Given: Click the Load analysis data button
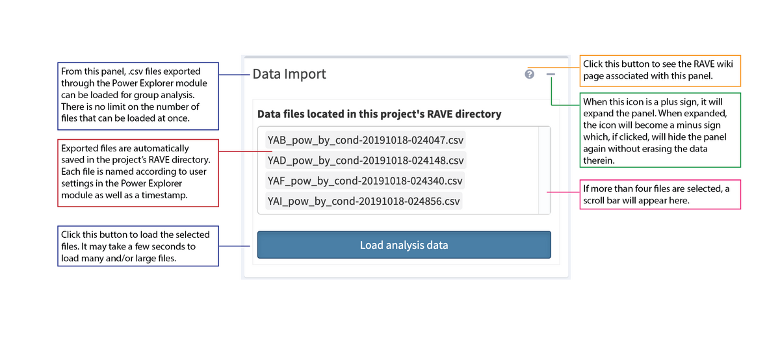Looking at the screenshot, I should click(404, 245).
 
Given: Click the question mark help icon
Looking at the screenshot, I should click(529, 75).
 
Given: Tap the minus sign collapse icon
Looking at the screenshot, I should click(551, 75).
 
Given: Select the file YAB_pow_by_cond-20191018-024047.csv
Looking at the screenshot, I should click(365, 140).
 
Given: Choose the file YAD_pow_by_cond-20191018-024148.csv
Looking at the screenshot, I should click(365, 161).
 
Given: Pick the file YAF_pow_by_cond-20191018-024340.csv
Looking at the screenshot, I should click(365, 181).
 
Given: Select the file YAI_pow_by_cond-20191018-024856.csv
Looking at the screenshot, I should click(364, 201).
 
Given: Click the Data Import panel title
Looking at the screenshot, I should click(289, 74).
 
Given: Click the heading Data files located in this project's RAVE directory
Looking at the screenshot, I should click(379, 114).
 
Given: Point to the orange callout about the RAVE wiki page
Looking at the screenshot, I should click(660, 70).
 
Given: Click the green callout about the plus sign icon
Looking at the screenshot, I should click(660, 130).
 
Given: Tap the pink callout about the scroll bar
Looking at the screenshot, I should click(659, 194).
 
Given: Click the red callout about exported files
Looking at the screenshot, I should click(138, 172).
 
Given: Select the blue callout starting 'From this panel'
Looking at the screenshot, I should click(138, 95).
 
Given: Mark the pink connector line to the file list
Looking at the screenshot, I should click(563, 192).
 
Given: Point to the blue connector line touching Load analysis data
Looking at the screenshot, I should click(235, 246).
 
